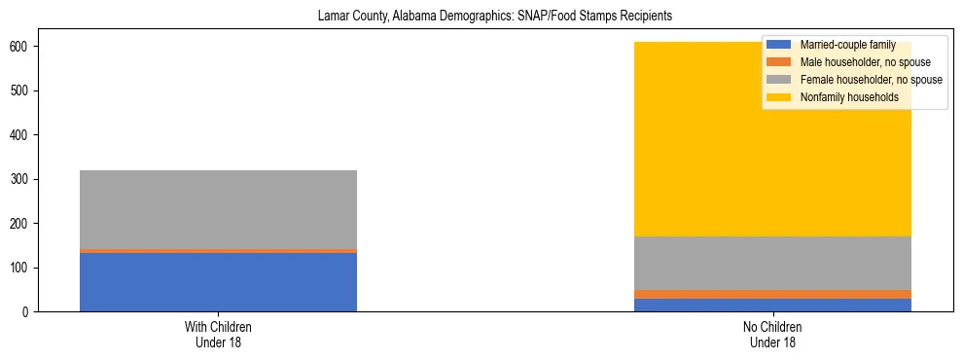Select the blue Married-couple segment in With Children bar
tap(218, 282)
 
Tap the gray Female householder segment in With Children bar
tap(218, 209)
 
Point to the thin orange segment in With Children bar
tap(218, 251)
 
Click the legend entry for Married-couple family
tap(847, 45)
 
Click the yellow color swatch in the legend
tap(779, 97)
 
